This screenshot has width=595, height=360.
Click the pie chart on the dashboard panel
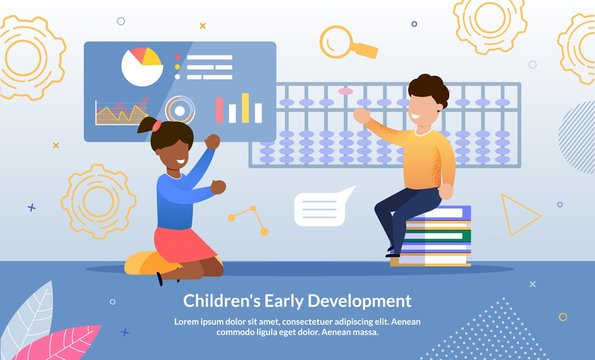click(141, 66)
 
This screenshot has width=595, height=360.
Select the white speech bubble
click(322, 207)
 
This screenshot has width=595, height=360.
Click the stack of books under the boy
click(432, 238)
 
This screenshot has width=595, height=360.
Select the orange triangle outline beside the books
click(518, 214)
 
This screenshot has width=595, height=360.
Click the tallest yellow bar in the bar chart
click(245, 107)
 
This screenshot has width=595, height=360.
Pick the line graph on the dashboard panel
click(121, 112)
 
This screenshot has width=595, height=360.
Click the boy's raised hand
click(360, 115)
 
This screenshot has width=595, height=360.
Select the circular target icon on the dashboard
click(180, 109)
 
